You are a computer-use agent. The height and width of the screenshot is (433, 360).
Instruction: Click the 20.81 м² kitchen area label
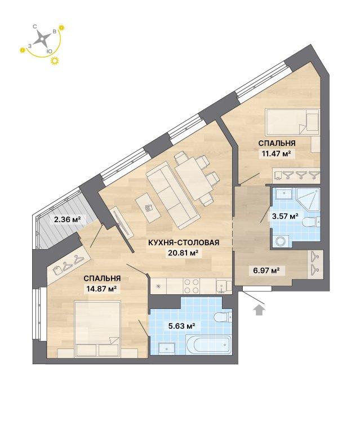pos(184,253)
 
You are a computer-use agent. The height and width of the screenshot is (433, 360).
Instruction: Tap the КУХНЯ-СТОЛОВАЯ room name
pos(184,243)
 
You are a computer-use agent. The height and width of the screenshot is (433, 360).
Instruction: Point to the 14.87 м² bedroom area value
pos(100,289)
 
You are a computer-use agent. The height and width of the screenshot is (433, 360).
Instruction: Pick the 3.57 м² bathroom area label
pos(285,216)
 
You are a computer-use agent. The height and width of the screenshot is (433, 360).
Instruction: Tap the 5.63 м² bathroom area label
pos(182,326)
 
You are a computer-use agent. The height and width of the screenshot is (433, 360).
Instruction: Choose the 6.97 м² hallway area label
pos(266,270)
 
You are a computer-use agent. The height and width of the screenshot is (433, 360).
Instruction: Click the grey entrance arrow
pos(259,310)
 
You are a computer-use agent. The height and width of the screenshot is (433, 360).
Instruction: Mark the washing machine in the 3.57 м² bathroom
pos(281,241)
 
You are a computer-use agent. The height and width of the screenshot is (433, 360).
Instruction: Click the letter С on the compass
pos(35,27)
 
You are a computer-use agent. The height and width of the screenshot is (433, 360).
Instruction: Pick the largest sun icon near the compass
pos(54,61)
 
